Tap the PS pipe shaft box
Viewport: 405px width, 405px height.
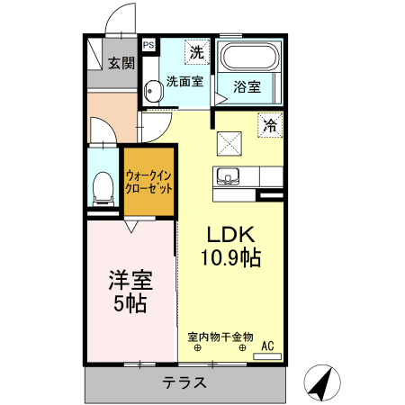click(x=148, y=43)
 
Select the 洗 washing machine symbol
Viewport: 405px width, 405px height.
click(x=195, y=53)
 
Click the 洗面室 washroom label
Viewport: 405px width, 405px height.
click(x=184, y=82)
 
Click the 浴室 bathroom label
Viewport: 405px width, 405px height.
click(x=247, y=87)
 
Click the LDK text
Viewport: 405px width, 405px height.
click(x=229, y=236)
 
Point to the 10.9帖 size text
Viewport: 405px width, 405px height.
click(x=230, y=259)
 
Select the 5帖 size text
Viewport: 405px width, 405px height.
click(x=130, y=303)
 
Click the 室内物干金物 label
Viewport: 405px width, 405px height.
click(x=220, y=337)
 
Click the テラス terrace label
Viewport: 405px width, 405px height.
click(x=184, y=382)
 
